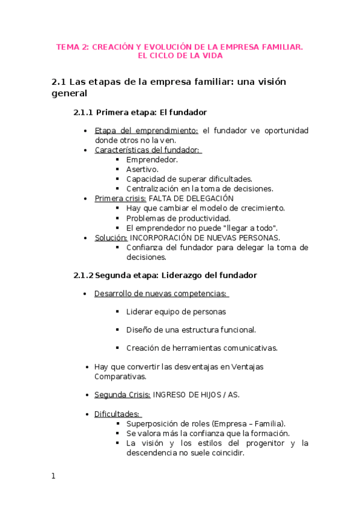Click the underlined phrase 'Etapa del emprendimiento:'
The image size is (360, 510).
click(146, 131)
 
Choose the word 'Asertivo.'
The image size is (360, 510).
click(142, 169)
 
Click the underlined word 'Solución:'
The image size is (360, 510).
click(111, 238)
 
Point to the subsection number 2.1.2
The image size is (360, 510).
click(83, 275)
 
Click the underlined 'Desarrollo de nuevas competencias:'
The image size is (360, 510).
click(160, 293)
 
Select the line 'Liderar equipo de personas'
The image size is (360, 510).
click(176, 312)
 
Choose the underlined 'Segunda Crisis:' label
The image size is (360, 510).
click(122, 395)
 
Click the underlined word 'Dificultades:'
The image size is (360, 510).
click(117, 414)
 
